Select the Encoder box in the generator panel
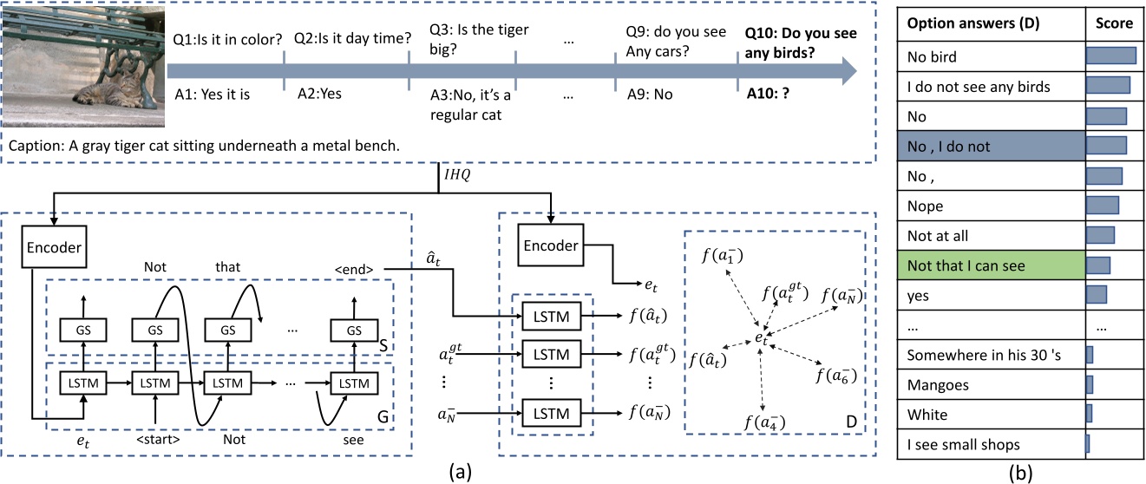click(x=54, y=247)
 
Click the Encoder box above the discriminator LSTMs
click(x=551, y=245)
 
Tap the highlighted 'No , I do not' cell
click(x=991, y=147)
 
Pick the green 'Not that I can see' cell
click(x=991, y=265)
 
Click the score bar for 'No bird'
click(x=1110, y=56)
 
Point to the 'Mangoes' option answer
click(x=938, y=385)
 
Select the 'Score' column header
click(x=1114, y=23)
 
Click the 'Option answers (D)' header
click(x=973, y=23)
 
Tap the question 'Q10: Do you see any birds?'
click(x=801, y=43)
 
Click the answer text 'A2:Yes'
click(x=319, y=94)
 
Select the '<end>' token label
click(x=354, y=269)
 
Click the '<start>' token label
click(x=158, y=440)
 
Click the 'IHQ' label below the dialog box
click(x=457, y=175)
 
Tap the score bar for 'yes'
click(x=1097, y=295)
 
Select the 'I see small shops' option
click(x=963, y=445)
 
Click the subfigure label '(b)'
click(x=1020, y=473)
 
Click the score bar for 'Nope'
click(x=1103, y=206)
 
